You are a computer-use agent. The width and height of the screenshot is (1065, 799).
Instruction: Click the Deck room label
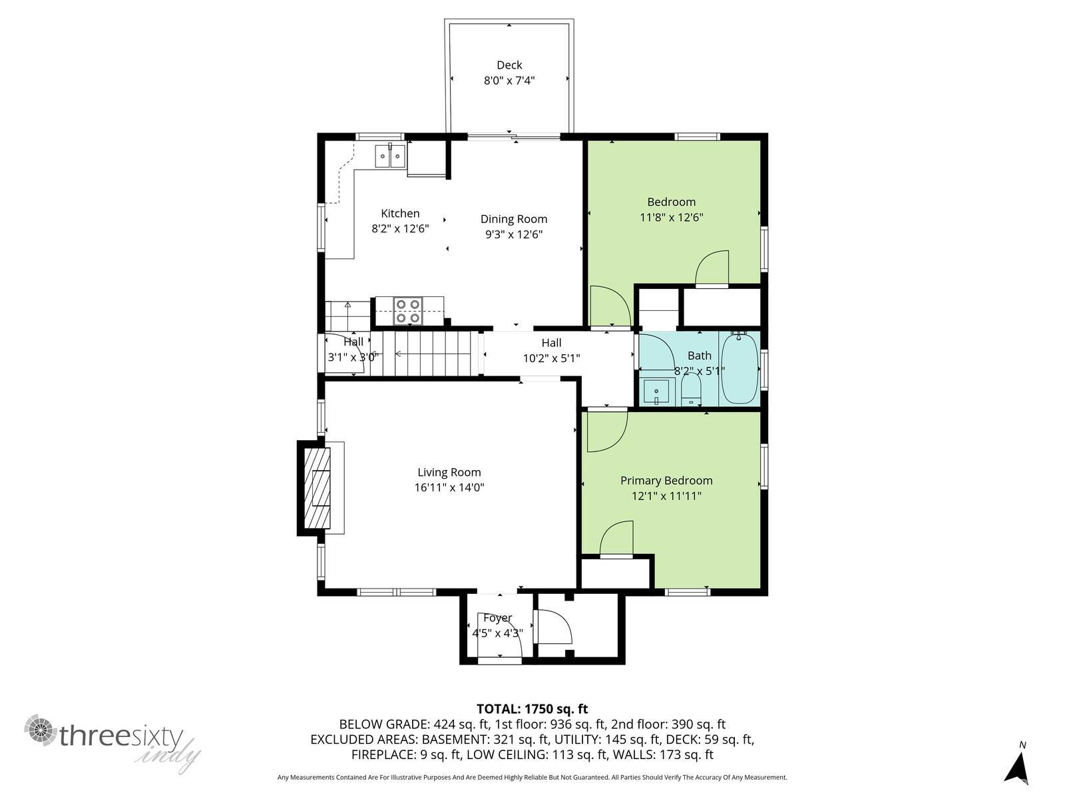tap(509, 65)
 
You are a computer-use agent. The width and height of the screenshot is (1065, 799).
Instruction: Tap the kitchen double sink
tap(390, 156)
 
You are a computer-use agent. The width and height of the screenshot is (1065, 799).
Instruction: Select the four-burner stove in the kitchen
tap(407, 311)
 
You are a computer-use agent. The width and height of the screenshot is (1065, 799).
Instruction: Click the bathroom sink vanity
tap(657, 392)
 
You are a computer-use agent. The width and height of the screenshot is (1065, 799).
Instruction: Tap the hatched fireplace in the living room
tap(318, 488)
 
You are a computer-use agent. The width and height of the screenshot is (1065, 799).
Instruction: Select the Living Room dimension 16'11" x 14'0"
tap(449, 487)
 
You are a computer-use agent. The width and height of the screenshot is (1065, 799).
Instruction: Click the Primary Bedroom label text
tap(666, 480)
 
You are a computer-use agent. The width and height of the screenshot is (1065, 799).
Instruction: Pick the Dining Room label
tap(514, 219)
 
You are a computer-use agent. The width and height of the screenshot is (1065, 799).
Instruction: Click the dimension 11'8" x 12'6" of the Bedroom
tap(672, 217)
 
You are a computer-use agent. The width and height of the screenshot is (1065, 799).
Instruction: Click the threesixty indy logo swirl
tap(41, 730)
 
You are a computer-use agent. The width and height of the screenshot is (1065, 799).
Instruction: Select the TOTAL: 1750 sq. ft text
tap(532, 708)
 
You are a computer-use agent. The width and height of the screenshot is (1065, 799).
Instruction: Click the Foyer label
tap(498, 618)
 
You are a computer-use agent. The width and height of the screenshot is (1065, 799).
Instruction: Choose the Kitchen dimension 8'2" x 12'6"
tap(400, 228)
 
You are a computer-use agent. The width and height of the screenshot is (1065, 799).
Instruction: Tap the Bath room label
tap(699, 356)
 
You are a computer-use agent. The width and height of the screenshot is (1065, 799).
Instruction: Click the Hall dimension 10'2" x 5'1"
tap(552, 358)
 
